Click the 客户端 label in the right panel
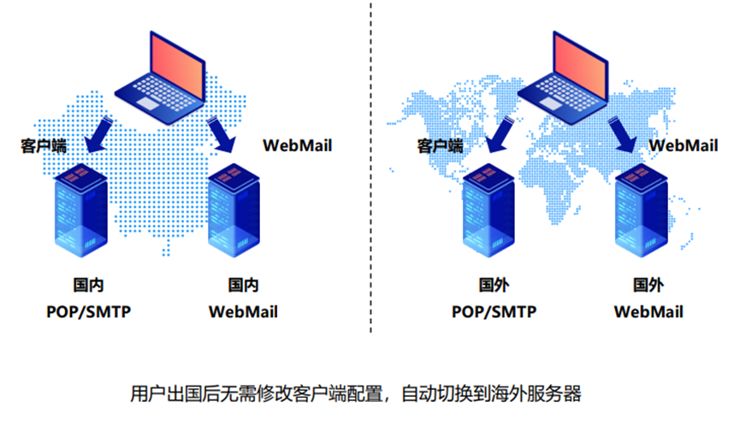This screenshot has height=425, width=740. click(440, 145)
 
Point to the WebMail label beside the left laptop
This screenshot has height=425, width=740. click(297, 145)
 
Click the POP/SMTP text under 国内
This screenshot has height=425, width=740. click(88, 311)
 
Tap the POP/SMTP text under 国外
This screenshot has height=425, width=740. click(494, 311)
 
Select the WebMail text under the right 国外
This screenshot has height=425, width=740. click(648, 311)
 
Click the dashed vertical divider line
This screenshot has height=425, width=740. click(371, 171)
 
